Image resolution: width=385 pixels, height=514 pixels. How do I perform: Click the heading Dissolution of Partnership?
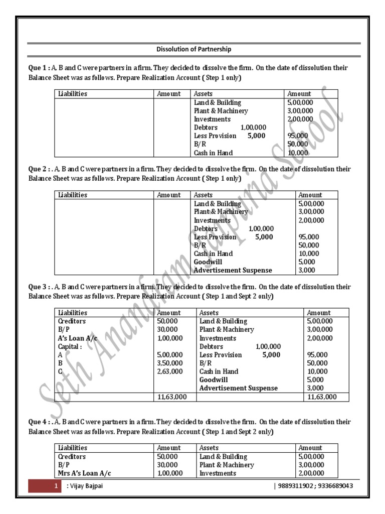click(194, 49)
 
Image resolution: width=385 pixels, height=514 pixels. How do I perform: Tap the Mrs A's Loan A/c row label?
click(85, 473)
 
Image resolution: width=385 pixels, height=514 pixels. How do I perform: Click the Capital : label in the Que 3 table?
click(70, 346)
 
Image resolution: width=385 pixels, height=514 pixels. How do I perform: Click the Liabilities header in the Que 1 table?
click(73, 94)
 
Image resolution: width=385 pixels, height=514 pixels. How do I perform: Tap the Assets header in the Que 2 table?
click(203, 195)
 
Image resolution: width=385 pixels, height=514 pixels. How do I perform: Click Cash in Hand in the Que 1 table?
click(213, 153)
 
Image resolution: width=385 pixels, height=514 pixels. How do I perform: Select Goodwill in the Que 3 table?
click(214, 380)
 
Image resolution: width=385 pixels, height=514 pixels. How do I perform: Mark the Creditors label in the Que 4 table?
click(72, 457)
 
